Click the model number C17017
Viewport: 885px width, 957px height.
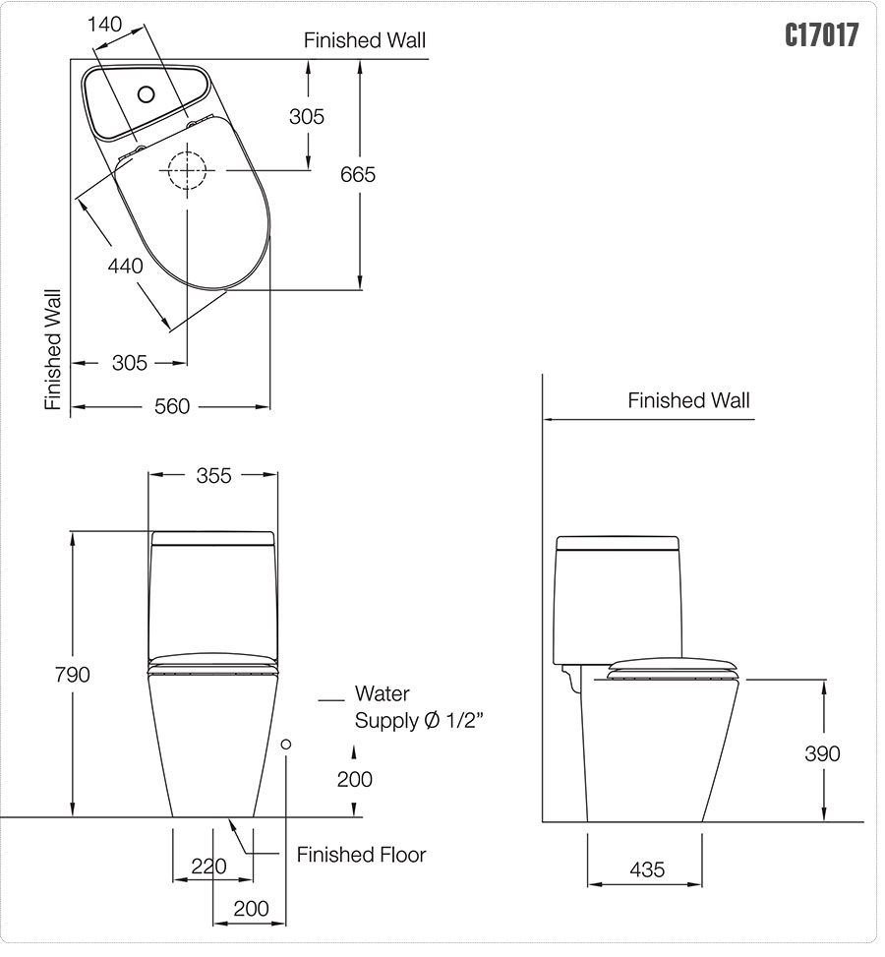821,35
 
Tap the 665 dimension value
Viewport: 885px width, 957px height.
358,174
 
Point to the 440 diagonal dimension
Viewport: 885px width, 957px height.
126,265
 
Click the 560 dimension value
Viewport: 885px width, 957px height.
171,406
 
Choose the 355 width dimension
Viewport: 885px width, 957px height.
213,475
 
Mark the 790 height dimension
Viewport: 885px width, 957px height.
72,674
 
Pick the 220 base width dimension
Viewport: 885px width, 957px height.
208,867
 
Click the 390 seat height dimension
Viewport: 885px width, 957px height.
822,753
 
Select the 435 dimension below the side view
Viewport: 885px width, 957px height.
646,869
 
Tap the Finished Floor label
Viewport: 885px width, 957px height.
361,855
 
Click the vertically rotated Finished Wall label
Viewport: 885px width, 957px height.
53,349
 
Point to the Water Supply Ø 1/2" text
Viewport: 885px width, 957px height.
417,708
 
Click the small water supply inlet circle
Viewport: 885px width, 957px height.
286,745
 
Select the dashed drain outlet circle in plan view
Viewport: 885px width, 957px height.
186,172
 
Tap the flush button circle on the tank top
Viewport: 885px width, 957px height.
147,94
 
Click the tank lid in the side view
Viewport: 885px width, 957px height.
618,543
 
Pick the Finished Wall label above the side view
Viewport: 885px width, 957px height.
688,400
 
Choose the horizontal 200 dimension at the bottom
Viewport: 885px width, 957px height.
251,909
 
